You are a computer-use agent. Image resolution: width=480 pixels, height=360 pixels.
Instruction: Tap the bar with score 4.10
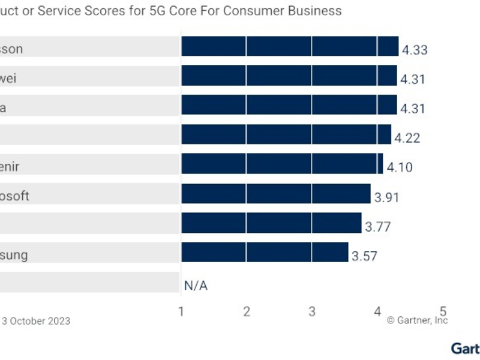click(x=282, y=164)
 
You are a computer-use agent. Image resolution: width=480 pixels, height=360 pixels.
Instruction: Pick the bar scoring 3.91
click(x=276, y=193)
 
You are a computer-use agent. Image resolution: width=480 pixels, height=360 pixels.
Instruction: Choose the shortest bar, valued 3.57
click(x=265, y=252)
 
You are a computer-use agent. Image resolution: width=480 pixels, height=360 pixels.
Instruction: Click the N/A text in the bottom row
click(x=196, y=286)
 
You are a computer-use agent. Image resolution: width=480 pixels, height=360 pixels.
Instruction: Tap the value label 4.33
click(x=415, y=50)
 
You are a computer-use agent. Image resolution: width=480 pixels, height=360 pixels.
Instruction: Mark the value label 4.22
click(x=407, y=138)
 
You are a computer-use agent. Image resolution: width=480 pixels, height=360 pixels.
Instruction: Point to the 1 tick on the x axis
click(x=181, y=311)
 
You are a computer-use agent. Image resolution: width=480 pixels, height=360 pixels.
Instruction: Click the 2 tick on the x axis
click(x=247, y=311)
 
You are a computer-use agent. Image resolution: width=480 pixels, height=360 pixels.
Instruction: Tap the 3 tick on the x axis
click(x=312, y=311)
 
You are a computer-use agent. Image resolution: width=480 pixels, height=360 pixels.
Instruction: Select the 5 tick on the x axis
click(x=443, y=311)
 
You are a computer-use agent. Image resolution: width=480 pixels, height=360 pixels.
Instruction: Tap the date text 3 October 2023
click(x=36, y=321)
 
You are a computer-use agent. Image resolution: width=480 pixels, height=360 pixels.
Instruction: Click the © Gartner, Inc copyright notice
click(x=417, y=321)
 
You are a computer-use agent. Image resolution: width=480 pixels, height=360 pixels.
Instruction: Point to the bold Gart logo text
click(x=466, y=349)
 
